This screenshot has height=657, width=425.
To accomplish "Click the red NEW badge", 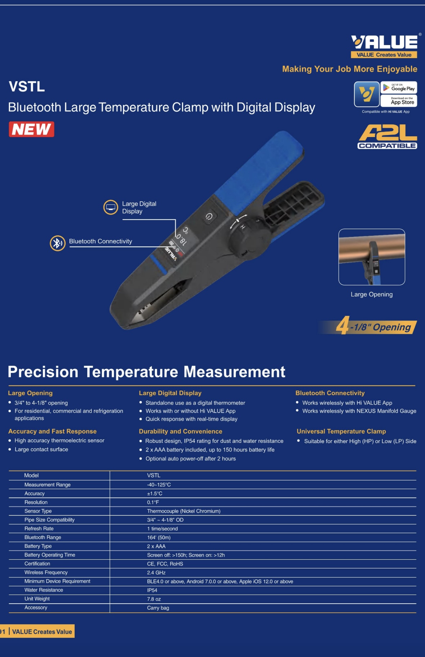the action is coord(32,129).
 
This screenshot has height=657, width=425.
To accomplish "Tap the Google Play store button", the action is coord(399,88).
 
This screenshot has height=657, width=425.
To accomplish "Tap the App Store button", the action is coord(399,101).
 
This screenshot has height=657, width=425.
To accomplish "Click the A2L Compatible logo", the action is coord(388,137).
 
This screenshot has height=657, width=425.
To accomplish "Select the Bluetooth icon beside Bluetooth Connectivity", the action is coord(57,243).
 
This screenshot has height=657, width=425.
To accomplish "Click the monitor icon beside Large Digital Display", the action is coord(111,207).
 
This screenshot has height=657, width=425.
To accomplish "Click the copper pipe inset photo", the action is coord(372,257).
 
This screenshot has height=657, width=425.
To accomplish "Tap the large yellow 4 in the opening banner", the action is coord(342,325).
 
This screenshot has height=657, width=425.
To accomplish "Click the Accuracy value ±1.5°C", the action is coord(155,493).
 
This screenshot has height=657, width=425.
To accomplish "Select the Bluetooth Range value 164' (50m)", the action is coord(159,537).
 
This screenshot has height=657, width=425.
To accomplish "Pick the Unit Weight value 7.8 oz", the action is coord(154,599).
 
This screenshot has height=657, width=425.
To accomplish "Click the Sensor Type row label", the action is coord(38,511).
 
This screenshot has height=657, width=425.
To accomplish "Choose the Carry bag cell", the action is coord(158,608).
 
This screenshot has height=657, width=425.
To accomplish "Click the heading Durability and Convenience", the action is coord(181,431).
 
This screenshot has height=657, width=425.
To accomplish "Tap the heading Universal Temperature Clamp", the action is coord(341,431).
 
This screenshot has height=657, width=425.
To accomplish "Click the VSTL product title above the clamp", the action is coord(27,87).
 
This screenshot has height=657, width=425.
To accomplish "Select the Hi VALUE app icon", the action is coord(367,94).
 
